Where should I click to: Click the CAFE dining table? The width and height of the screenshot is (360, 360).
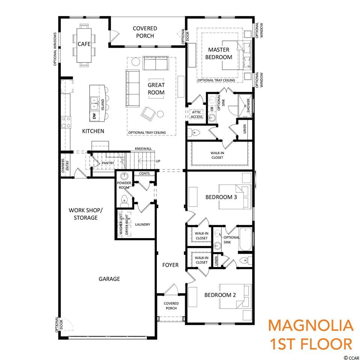click(84, 45)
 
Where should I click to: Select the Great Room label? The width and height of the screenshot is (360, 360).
click(156, 88)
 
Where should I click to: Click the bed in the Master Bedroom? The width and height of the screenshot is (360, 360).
click(237, 55)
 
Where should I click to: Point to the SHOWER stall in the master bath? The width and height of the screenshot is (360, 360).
click(245, 105)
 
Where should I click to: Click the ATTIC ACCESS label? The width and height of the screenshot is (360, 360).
click(196, 114)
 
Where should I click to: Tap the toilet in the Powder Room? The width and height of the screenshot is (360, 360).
click(124, 200)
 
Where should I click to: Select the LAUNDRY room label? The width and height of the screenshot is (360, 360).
click(142, 224)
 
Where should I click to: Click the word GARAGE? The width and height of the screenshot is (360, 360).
click(109, 279)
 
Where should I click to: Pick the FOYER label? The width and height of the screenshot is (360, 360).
click(170, 265)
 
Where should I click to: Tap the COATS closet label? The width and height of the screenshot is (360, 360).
click(144, 173)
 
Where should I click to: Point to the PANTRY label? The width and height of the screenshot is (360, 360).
click(108, 163)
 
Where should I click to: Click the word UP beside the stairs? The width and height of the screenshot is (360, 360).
click(158, 161)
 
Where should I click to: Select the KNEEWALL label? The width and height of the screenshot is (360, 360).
click(143, 149)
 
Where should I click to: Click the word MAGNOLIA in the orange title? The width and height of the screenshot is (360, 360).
click(311, 326)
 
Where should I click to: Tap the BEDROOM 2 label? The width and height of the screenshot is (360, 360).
click(220, 295)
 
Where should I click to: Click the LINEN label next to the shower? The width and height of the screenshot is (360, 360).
click(244, 129)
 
